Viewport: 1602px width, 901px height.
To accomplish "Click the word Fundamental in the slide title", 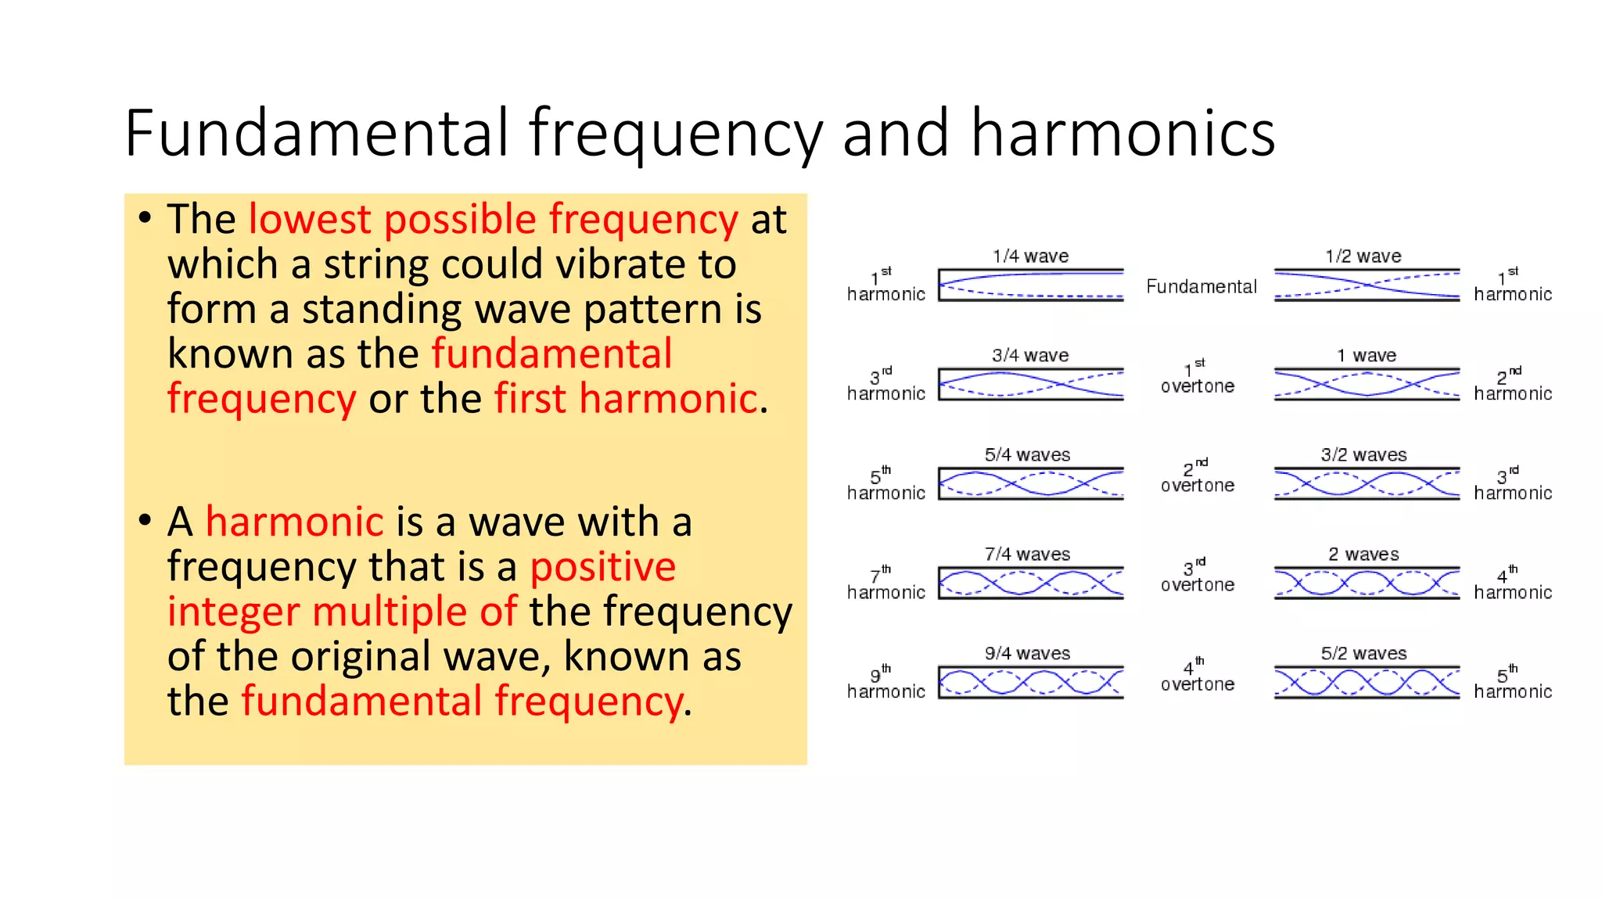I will pyautogui.click(x=318, y=133).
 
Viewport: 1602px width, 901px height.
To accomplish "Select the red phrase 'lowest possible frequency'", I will pyautogui.click(x=493, y=219).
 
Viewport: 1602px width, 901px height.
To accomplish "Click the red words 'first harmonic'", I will pyautogui.click(x=626, y=399).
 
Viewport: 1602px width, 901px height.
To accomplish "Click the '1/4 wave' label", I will pyautogui.click(x=1030, y=257).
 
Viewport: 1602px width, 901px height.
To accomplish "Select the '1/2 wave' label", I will pyautogui.click(x=1363, y=257).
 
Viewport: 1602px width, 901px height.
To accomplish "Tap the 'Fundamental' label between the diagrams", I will pyautogui.click(x=1201, y=287).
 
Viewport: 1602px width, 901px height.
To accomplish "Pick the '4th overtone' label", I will pyautogui.click(x=1197, y=677).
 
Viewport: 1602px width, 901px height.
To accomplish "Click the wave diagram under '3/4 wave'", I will pyautogui.click(x=1030, y=384).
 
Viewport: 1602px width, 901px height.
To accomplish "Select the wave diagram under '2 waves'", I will pyautogui.click(x=1366, y=583).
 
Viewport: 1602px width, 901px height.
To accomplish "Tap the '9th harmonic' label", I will pyautogui.click(x=885, y=683).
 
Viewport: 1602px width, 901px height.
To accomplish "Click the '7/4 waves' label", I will pyautogui.click(x=1027, y=555).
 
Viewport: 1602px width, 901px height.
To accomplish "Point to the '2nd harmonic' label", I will pyautogui.click(x=1512, y=386).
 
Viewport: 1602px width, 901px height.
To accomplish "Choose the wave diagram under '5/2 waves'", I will pyautogui.click(x=1366, y=682).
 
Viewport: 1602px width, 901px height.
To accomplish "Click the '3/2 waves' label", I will pyautogui.click(x=1363, y=455).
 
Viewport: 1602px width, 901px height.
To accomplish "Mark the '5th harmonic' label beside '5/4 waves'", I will pyautogui.click(x=885, y=484).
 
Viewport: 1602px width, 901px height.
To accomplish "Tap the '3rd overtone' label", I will pyautogui.click(x=1197, y=577).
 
